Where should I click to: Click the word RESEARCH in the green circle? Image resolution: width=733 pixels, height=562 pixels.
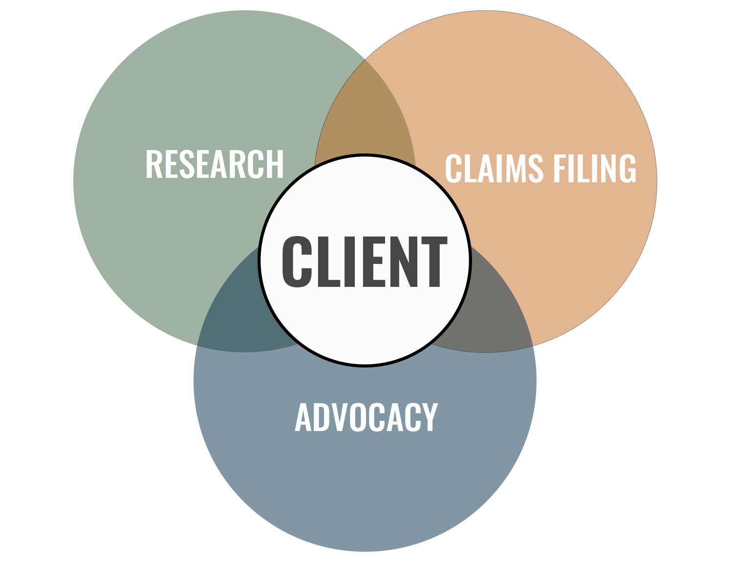pos(215,164)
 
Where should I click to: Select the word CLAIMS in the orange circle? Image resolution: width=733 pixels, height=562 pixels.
pos(494,169)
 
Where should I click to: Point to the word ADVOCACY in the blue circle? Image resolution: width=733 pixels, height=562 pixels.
pos(366,417)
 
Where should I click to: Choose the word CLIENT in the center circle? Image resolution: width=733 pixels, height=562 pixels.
pos(365,262)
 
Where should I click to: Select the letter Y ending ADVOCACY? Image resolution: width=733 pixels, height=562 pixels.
pos(430,417)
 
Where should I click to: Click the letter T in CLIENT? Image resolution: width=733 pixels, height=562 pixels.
pos(433,262)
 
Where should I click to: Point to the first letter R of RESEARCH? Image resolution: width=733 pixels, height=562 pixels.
pos(153,164)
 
